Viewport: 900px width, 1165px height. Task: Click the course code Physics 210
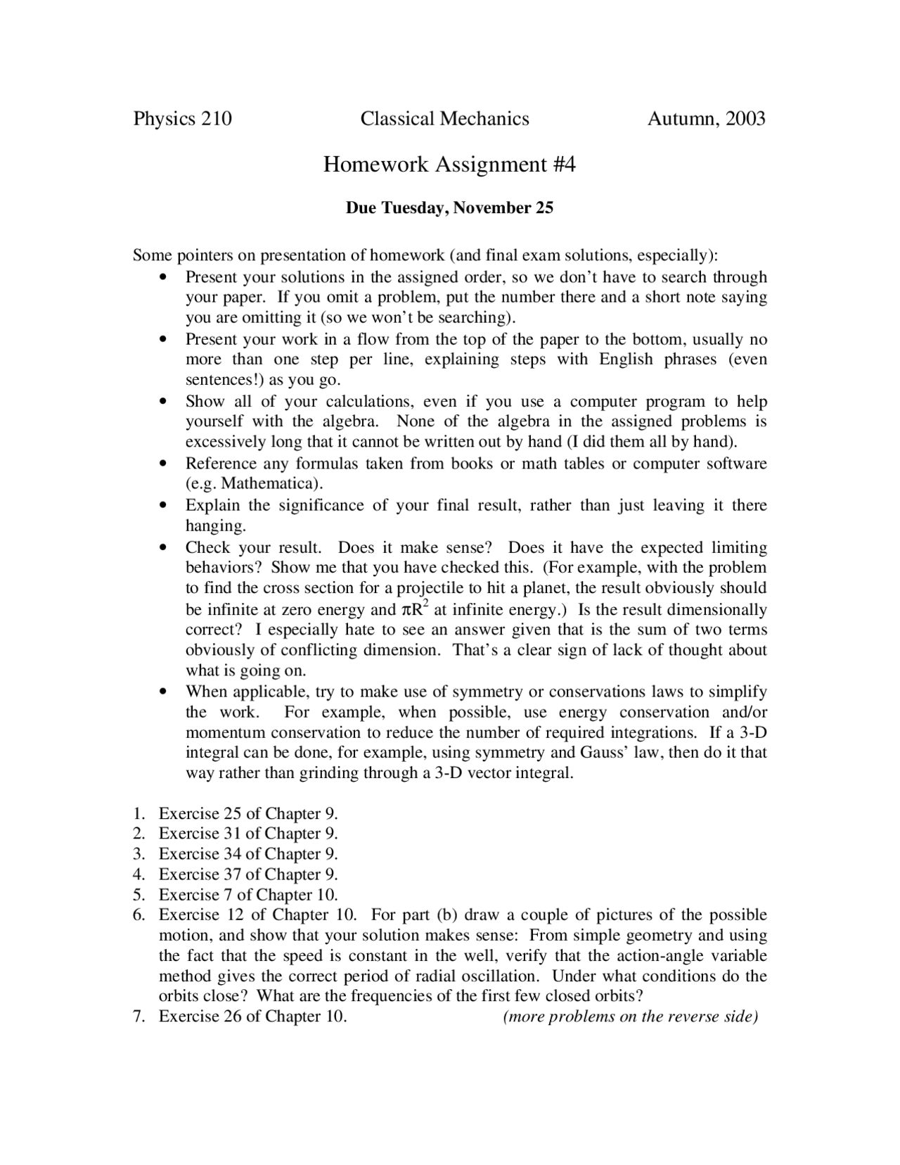[x=182, y=118]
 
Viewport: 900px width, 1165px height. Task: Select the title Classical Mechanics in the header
[x=444, y=118]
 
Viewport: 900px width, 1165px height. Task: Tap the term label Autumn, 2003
[x=705, y=118]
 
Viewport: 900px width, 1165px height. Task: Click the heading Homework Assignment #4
[x=449, y=164]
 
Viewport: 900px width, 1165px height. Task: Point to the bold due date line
[x=449, y=208]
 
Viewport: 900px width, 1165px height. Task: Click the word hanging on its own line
[x=215, y=526]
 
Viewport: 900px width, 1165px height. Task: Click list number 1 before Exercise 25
[x=139, y=814]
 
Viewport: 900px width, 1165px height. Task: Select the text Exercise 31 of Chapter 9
[x=248, y=834]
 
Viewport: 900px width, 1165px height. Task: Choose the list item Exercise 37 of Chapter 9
[x=248, y=874]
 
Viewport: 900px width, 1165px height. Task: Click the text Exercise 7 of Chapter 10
[x=248, y=895]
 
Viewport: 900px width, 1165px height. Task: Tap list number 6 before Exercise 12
[x=139, y=915]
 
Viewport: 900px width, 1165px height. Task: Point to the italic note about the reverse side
[x=631, y=1017]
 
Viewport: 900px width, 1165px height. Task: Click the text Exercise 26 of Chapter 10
[x=252, y=1017]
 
